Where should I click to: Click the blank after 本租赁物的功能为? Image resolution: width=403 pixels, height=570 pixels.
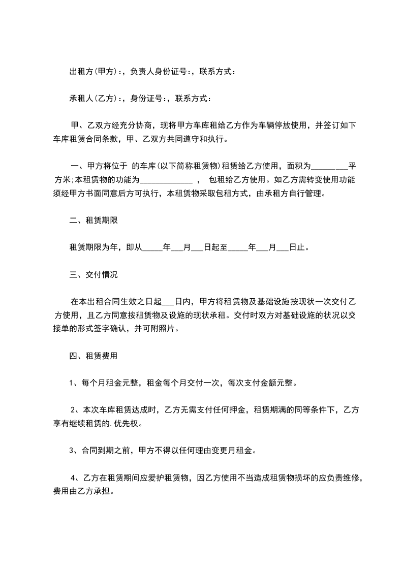coord(166,179)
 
